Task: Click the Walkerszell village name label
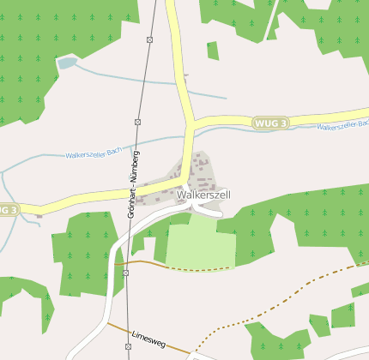pos(203,195)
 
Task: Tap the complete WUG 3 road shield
pos(271,124)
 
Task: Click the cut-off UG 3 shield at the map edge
pos(8,209)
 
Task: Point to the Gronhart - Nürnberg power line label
pos(134,183)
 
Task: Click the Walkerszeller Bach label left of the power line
pos(97,153)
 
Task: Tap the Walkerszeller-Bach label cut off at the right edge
pos(342,126)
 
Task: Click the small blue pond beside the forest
pos(66,62)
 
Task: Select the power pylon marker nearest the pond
pos(149,39)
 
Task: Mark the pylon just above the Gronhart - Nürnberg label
pos(137,123)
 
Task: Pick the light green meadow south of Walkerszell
pos(200,242)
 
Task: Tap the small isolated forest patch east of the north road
pos(212,51)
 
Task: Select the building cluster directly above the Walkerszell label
pos(201,171)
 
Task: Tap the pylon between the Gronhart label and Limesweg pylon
pos(125,273)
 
